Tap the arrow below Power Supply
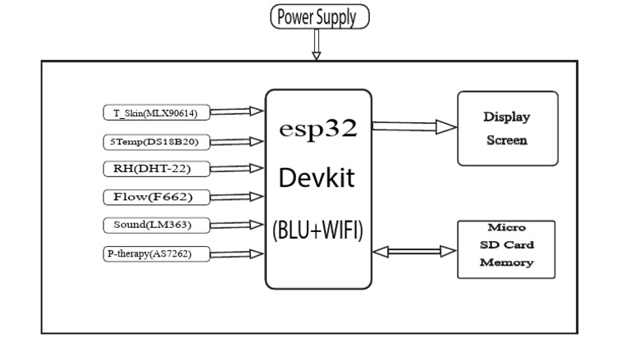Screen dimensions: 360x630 coord(315,48)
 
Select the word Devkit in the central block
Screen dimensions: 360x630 coord(317,180)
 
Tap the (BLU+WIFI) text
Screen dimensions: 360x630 coord(317,230)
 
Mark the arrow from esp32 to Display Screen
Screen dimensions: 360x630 coord(413,127)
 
